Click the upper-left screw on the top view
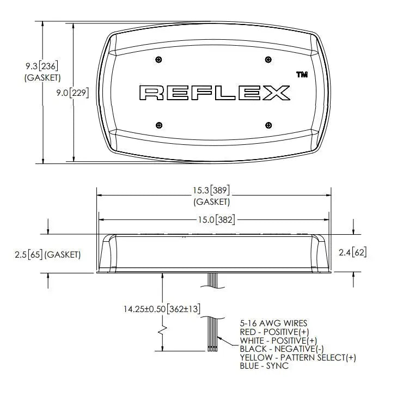click(x=159, y=59)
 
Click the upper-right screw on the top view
click(x=268, y=59)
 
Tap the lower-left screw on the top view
click(x=159, y=125)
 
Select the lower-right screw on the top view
click(x=268, y=125)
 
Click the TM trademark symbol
click(x=302, y=75)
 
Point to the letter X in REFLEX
click(x=276, y=93)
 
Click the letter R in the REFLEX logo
click(x=151, y=93)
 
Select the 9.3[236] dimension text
click(x=41, y=66)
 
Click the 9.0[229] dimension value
click(x=72, y=93)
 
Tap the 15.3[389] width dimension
click(x=211, y=191)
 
